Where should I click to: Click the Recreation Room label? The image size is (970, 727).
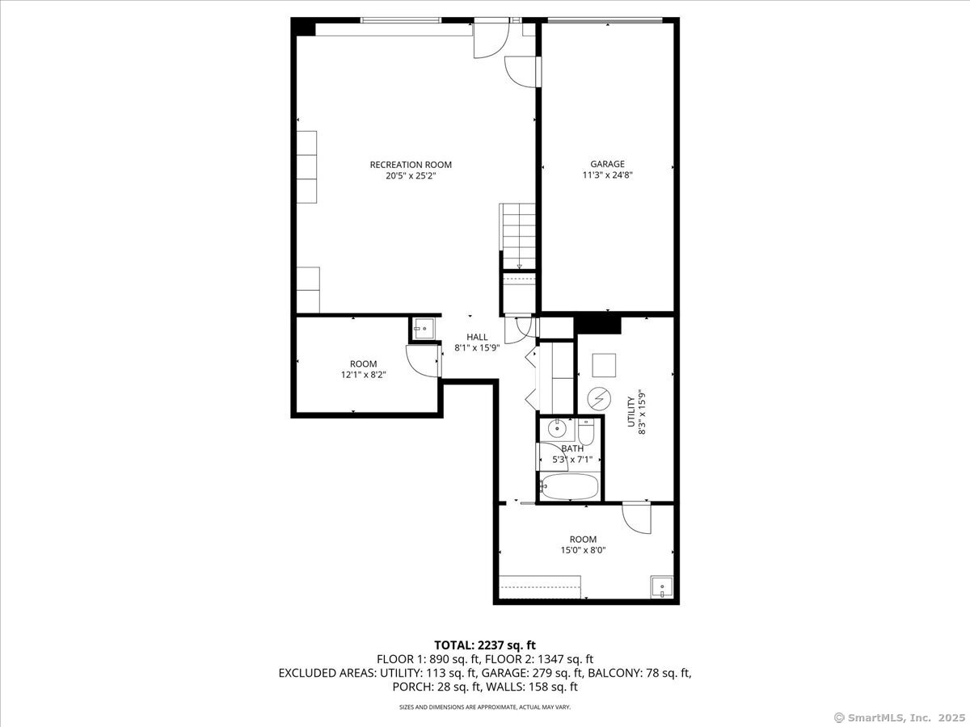(x=411, y=165)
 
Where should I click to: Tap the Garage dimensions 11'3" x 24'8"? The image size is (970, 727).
(x=607, y=174)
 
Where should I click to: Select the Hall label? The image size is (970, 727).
(x=477, y=337)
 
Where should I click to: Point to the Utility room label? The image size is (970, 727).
(x=631, y=412)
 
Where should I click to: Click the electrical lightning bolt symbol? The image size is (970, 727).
(x=599, y=399)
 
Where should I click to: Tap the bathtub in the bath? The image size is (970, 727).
(x=570, y=486)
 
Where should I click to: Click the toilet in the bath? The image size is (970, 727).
(x=586, y=431)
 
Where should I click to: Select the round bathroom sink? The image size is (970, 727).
(x=557, y=428)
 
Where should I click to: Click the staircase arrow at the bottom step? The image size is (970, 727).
(x=519, y=267)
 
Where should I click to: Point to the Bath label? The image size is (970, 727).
(x=572, y=448)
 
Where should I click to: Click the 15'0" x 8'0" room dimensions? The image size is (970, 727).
(x=583, y=550)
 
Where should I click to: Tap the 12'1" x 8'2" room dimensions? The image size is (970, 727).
(x=363, y=375)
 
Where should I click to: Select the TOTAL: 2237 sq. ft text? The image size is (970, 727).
(x=485, y=645)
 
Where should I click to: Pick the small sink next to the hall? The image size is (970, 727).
(x=424, y=329)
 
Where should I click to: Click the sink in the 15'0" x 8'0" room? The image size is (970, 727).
(x=661, y=587)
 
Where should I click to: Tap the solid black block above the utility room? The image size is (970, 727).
(x=597, y=325)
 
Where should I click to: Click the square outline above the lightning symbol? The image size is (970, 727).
(x=604, y=365)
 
